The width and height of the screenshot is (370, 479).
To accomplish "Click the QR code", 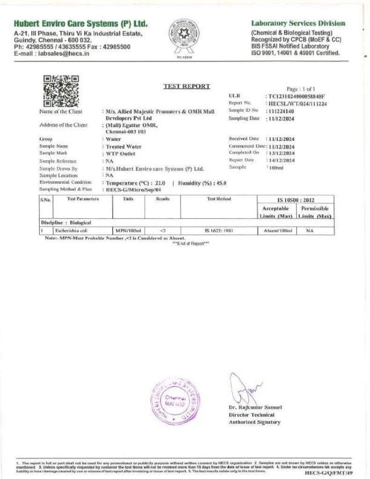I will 61,91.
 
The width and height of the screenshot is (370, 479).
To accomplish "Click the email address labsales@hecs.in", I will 64,54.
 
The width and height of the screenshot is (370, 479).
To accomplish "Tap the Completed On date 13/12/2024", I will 281,153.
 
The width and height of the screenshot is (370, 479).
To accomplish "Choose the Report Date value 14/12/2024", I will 281,160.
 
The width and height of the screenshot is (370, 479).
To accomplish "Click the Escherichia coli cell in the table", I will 61,231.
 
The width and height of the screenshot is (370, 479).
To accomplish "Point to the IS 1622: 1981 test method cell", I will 218,231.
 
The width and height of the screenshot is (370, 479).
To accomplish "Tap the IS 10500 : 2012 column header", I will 296,200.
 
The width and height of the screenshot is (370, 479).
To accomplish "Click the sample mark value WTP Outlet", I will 120,153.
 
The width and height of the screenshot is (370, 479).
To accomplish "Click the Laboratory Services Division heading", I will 298,23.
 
